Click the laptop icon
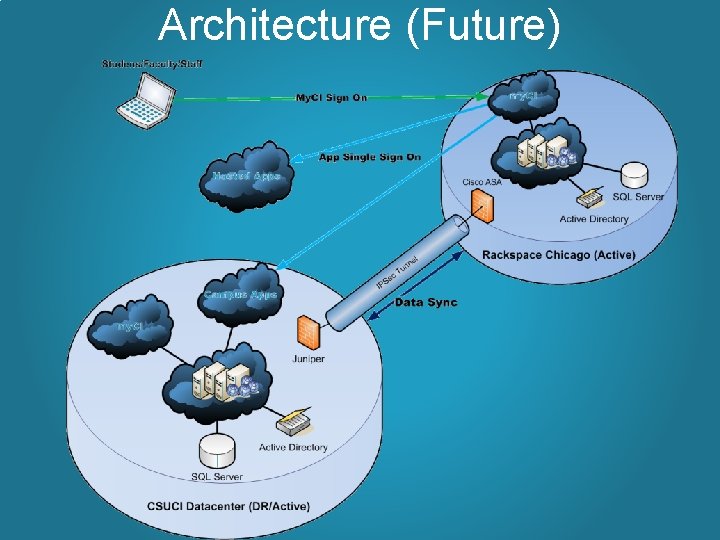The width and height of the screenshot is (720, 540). click(142, 96)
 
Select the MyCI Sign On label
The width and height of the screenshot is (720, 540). click(330, 98)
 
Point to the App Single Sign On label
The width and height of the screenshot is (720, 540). click(370, 157)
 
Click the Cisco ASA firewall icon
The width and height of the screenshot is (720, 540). click(482, 205)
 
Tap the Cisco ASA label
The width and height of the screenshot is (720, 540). click(481, 181)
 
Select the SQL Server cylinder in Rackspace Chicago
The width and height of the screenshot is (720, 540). click(634, 175)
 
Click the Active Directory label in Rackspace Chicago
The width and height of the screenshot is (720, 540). click(594, 219)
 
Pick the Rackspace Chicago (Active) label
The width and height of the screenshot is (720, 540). click(558, 255)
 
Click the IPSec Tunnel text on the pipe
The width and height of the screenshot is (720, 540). click(398, 272)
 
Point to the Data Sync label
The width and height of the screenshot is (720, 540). click(427, 302)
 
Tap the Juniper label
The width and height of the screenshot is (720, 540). click(309, 359)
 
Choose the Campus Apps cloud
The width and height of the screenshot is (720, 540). click(241, 293)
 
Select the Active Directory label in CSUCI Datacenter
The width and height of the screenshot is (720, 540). click(294, 447)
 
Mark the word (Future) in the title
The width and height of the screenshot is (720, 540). click(484, 25)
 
